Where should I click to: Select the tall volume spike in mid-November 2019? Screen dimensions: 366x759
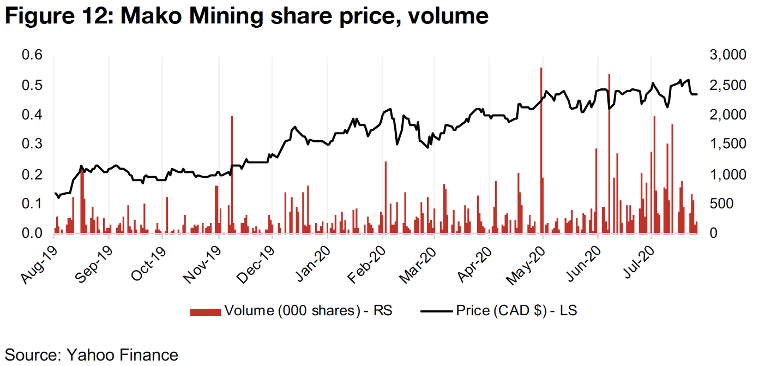tap(232, 175)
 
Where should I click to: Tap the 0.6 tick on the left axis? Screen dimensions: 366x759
tap(32, 56)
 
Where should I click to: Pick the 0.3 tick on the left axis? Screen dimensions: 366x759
tap(32, 145)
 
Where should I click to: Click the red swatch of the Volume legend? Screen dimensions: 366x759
tap(206, 311)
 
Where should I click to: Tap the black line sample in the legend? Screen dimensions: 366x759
tap(437, 311)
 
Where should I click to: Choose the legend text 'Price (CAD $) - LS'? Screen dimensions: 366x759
tap(517, 311)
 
